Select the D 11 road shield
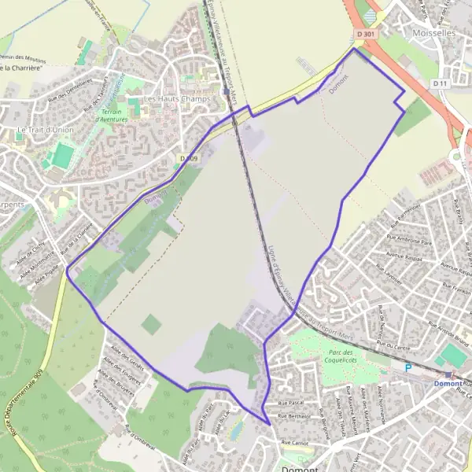pos(440,83)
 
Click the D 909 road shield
pos(189,159)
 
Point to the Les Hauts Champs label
pos(176,100)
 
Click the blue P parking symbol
pos(407,367)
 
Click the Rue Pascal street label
pos(292,403)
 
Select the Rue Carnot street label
pos(293,445)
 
